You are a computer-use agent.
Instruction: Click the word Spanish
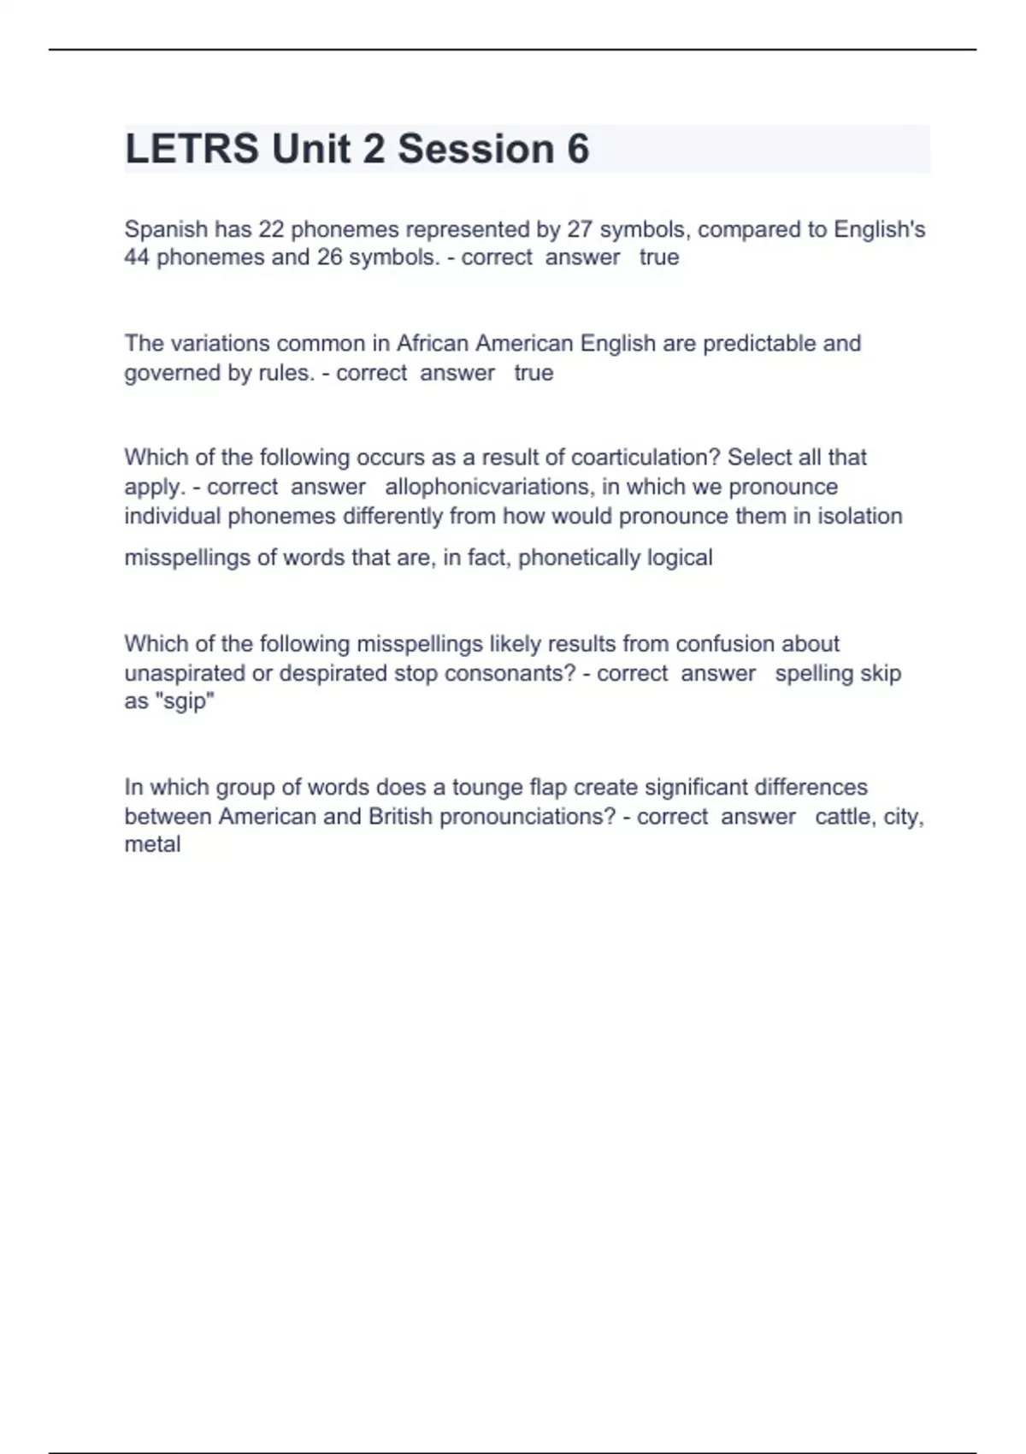tap(166, 229)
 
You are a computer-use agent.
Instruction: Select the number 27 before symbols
tap(580, 229)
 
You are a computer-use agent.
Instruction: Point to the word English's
tap(879, 229)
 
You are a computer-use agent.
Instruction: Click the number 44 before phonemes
tap(137, 257)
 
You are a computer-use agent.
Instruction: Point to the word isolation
tap(860, 517)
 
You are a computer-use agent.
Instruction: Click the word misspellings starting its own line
tap(187, 558)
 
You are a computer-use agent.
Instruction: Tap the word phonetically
tap(579, 558)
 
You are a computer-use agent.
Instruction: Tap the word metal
tap(152, 845)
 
